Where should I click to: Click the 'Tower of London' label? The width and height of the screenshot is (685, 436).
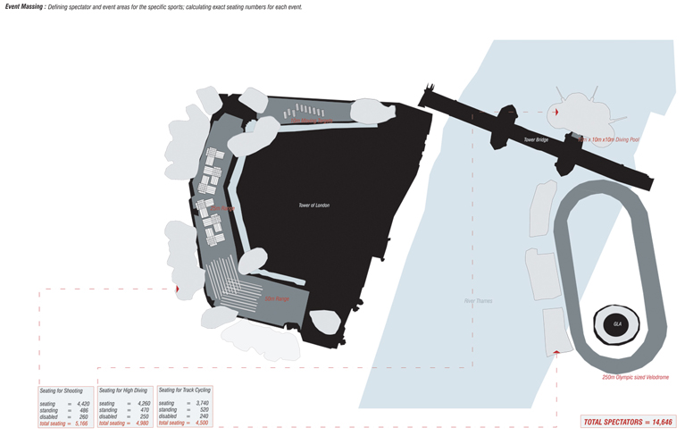[x=313, y=205]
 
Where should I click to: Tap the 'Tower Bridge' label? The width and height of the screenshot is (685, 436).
[x=536, y=140]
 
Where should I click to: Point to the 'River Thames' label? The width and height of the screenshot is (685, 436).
[x=478, y=301]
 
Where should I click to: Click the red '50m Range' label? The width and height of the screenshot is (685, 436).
[x=276, y=298]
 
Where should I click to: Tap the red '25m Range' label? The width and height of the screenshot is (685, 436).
[x=223, y=208]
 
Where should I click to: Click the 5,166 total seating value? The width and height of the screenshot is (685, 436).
[x=81, y=423]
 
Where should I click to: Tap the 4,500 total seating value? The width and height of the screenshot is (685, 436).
[x=196, y=423]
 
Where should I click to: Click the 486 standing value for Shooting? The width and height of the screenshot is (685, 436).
[x=83, y=410]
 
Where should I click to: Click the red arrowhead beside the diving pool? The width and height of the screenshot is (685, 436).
[x=556, y=113]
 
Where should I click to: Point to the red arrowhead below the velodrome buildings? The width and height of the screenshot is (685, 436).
[x=556, y=353]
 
